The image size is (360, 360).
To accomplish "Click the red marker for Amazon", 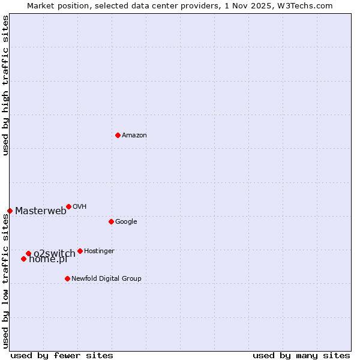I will point(118,135).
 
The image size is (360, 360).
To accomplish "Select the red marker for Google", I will point(111,221).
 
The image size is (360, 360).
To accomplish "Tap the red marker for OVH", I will point(68,206).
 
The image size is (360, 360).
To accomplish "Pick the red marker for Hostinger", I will point(80,251).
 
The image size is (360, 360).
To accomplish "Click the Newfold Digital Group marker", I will point(67,278).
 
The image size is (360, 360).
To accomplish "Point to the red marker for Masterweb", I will point(10,211).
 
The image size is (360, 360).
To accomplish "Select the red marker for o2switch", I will point(28,253).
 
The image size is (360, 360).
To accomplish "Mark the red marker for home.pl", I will point(23,259).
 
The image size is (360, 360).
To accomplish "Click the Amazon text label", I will point(134,136).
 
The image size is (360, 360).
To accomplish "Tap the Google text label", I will point(126,222).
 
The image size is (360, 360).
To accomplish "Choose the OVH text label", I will point(79,207).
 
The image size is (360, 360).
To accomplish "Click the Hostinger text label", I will point(99,251).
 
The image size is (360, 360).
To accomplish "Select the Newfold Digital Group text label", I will point(106,279).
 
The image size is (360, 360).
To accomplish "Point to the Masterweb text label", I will point(41,211).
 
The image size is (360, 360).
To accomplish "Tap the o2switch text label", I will point(55,253).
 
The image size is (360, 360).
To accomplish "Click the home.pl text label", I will point(48,260).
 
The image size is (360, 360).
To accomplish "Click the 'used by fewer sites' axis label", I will point(62,355).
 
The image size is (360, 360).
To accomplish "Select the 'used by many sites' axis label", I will point(301,355).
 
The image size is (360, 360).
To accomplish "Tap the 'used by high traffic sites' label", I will point(5,85).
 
